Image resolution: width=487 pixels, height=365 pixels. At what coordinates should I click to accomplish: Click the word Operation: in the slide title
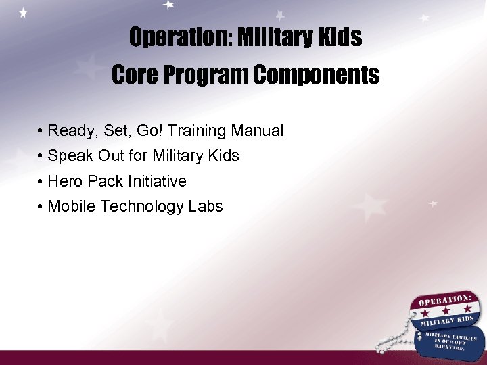177,38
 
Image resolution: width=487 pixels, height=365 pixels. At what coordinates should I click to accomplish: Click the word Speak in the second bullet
70,156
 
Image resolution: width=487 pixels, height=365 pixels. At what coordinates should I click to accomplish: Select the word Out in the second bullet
111,156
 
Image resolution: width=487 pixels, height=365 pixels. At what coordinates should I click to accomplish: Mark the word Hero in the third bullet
66,181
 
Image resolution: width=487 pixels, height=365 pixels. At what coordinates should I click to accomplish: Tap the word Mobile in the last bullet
72,207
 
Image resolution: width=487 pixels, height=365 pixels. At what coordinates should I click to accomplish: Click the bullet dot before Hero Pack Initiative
41,182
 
